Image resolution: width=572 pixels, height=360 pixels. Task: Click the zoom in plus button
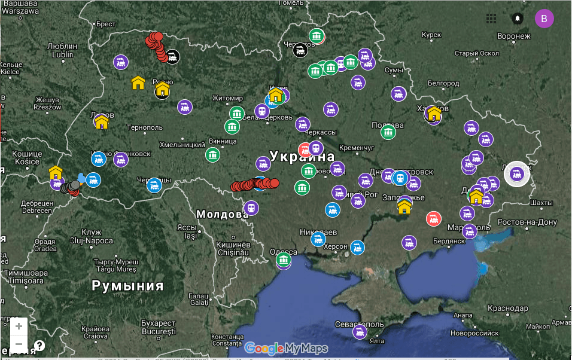pos(19,327)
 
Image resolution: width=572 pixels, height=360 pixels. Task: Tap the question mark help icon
pos(39,346)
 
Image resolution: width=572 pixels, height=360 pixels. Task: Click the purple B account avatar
pos(544,19)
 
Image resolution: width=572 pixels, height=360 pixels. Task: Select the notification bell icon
pos(518,19)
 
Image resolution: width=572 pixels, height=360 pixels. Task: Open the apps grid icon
pos(491,19)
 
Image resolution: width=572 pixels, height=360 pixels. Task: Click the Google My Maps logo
pos(286,348)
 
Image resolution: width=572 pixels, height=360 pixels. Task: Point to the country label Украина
pos(302,157)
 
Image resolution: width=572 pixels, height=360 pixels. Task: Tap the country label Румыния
pos(127,285)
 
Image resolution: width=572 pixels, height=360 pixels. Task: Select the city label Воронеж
pos(513,36)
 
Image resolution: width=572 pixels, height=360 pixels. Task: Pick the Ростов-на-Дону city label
pos(527,222)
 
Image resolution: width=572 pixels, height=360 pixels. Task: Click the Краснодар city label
pos(507,308)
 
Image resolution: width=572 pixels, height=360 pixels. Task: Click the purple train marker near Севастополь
pos(360,332)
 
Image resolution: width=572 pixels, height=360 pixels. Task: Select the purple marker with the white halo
pos(518,174)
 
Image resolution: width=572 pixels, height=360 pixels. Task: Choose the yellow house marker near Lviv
pos(102,123)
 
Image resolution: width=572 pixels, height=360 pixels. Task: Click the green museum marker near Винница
pos(213,155)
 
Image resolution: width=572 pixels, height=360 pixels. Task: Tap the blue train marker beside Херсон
pos(357,246)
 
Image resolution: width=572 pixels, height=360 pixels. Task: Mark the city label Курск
pos(431,35)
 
